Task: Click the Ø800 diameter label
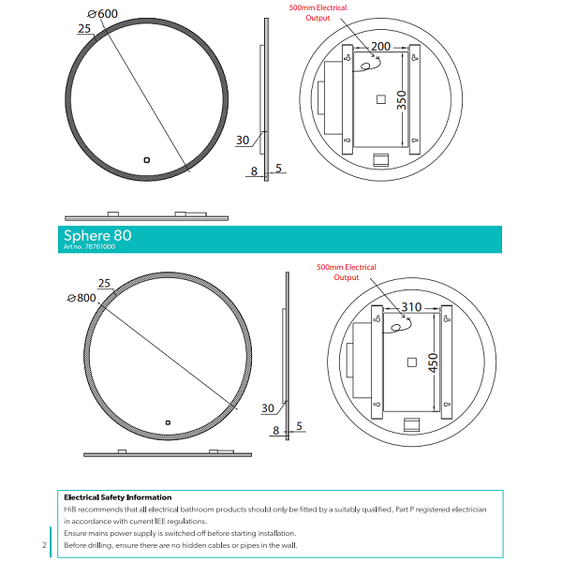click(x=81, y=298)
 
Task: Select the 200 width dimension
click(x=379, y=47)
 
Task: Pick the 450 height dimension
click(x=432, y=362)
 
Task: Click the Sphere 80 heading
click(x=97, y=235)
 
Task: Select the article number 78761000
click(x=89, y=248)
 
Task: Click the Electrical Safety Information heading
click(x=117, y=497)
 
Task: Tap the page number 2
click(x=44, y=544)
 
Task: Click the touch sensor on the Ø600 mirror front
click(x=146, y=159)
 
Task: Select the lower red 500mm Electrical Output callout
click(x=347, y=272)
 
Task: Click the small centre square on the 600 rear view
click(x=380, y=100)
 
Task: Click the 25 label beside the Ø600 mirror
click(x=85, y=29)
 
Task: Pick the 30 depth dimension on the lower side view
click(x=268, y=408)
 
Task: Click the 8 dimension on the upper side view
click(x=254, y=170)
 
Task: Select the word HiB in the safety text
click(x=71, y=509)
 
